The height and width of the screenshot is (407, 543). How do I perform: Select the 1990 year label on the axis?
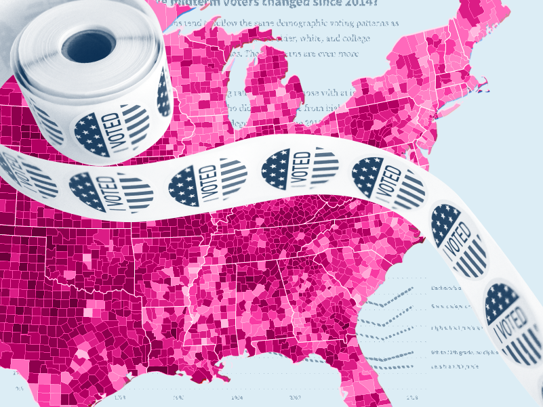178,398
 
